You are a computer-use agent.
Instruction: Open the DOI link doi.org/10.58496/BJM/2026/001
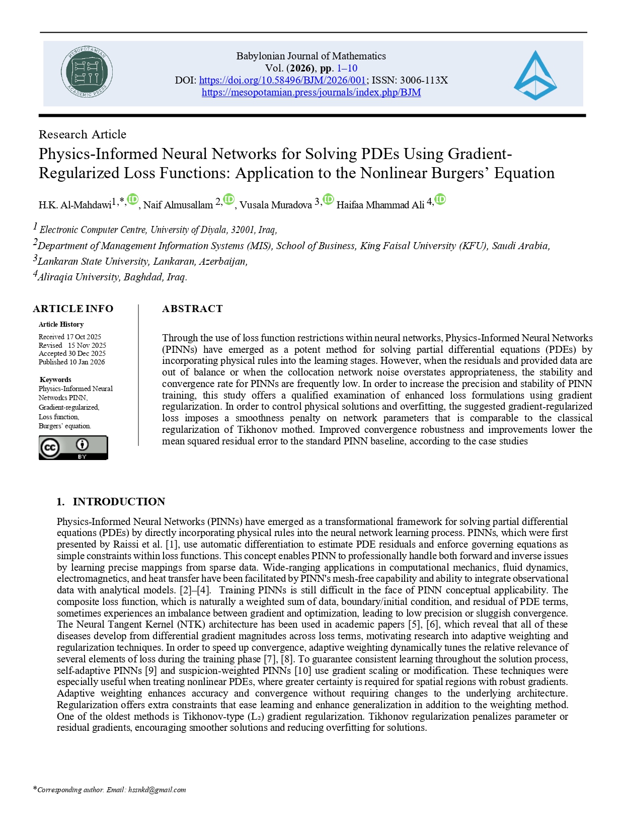pyautogui.click(x=282, y=80)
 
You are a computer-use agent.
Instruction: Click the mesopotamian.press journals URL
pyautogui.click(x=311, y=92)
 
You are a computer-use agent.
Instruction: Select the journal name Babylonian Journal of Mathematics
pyautogui.click(x=311, y=56)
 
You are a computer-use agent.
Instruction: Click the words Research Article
pyautogui.click(x=83, y=134)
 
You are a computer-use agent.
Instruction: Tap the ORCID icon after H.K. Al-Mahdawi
pyautogui.click(x=132, y=199)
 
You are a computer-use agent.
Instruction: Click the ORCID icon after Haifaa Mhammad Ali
pyautogui.click(x=440, y=199)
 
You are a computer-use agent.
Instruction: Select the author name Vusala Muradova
pyautogui.click(x=275, y=205)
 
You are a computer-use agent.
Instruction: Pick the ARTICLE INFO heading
pyautogui.click(x=73, y=309)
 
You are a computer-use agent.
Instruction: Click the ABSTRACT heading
pyautogui.click(x=192, y=309)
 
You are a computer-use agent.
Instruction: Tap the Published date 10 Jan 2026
pyautogui.click(x=87, y=362)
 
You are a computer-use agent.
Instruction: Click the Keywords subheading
pyautogui.click(x=55, y=380)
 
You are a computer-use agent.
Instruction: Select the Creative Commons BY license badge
pyautogui.click(x=73, y=447)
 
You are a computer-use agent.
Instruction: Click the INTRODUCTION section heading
pyautogui.click(x=119, y=501)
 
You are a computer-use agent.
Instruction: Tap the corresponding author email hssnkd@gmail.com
pyautogui.click(x=157, y=790)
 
